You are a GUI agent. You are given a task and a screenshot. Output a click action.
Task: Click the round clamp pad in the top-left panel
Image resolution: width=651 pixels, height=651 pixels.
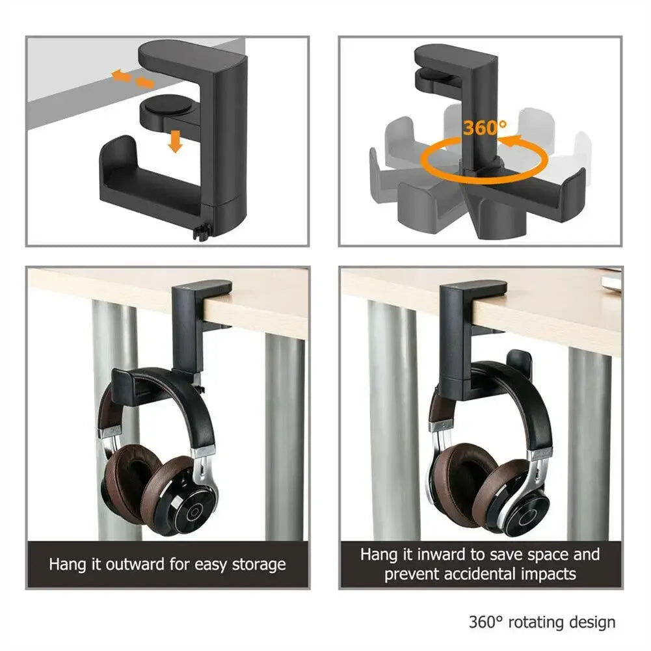point(163,107)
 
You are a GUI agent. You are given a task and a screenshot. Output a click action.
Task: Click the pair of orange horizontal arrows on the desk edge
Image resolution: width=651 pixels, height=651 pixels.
point(133,79)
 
